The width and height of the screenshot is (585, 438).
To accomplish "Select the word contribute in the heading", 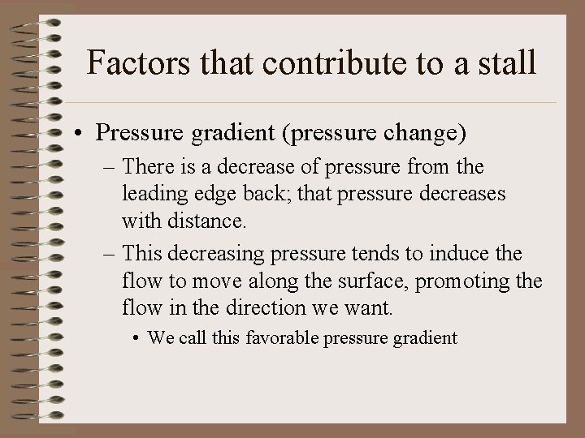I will point(329,62).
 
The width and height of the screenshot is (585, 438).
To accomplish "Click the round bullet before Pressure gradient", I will point(84,133).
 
